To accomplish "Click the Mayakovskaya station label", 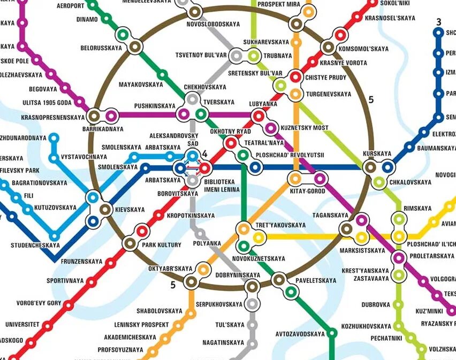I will coord(141,85).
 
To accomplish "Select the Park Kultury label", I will coord(162,245).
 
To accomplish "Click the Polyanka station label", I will coord(207,243).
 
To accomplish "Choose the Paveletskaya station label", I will coord(317,280).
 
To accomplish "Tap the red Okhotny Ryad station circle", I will coord(231,143).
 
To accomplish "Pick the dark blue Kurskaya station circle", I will coord(387,167).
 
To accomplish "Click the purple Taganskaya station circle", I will coord(362,219).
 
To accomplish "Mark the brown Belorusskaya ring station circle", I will coord(135,47).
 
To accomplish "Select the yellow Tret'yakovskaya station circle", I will coord(259,238).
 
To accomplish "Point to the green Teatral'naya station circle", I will coord(243,156).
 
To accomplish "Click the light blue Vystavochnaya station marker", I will coord(54,158).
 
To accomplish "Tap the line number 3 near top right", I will coord(438,22).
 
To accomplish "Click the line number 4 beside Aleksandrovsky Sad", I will coord(204,154).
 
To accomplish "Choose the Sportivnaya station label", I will coord(65,280).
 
